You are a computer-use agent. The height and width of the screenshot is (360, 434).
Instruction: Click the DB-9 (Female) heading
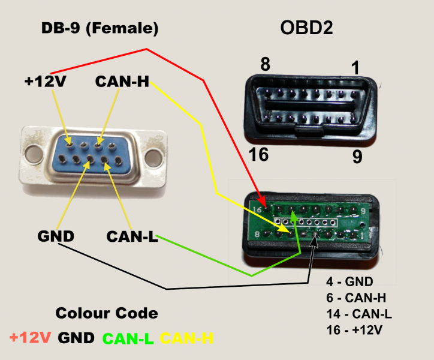click(x=100, y=28)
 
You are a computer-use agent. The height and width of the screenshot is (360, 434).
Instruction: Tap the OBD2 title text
click(x=306, y=28)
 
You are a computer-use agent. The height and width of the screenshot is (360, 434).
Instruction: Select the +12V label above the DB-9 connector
click(x=46, y=82)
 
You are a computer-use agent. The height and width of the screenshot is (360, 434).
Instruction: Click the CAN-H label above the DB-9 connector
click(x=122, y=82)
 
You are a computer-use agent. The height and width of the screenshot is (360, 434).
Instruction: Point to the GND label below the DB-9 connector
click(x=56, y=236)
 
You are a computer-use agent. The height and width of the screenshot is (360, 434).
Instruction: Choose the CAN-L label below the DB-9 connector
click(x=132, y=236)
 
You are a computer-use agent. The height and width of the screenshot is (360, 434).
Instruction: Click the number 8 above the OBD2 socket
click(x=265, y=64)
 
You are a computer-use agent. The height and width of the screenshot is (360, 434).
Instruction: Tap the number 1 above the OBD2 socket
click(x=355, y=68)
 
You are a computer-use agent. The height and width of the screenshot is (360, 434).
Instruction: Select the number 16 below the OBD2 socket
click(x=258, y=154)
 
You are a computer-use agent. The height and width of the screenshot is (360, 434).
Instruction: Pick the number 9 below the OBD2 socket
click(x=357, y=157)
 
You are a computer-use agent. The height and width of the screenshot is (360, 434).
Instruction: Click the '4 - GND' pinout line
click(x=349, y=281)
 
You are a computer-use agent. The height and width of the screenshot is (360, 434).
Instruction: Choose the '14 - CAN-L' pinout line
click(x=359, y=314)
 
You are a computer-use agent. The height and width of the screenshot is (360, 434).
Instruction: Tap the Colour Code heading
click(x=107, y=313)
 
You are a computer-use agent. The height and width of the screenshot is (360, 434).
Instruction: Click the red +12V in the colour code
click(x=30, y=338)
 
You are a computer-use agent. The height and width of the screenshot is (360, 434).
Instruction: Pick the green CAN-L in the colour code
click(x=128, y=338)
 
